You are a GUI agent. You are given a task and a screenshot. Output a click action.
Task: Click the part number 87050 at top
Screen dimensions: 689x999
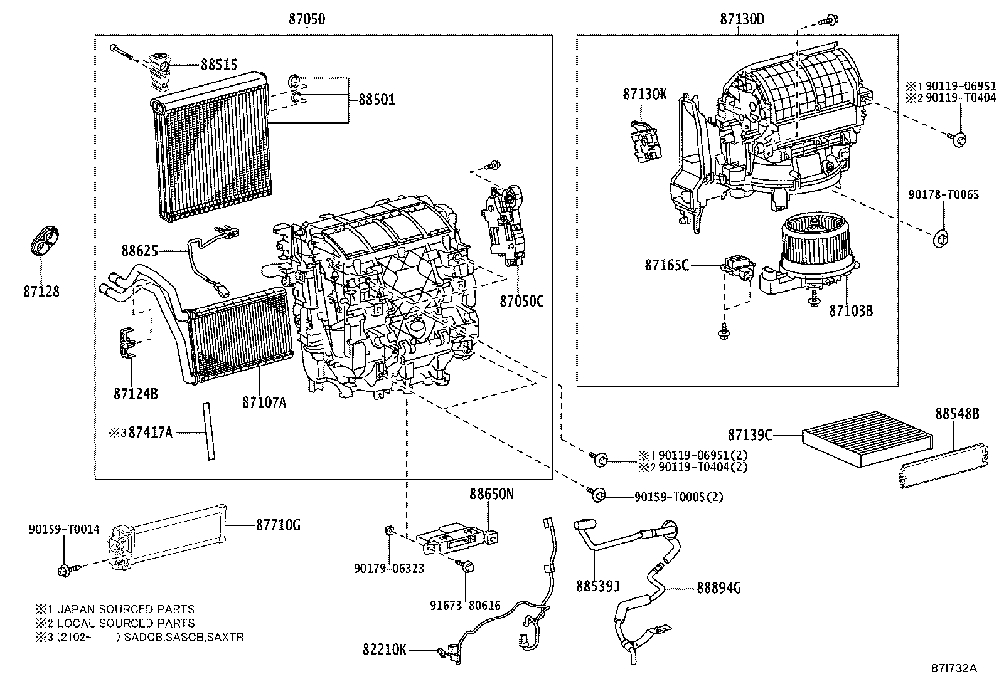coord(307,19)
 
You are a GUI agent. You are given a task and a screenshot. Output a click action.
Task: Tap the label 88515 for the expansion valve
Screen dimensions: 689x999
coord(219,64)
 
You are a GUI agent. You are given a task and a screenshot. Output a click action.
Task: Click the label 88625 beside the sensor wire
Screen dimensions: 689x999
coord(139,251)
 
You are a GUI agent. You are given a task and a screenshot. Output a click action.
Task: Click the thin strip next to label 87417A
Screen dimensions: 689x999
coord(208,432)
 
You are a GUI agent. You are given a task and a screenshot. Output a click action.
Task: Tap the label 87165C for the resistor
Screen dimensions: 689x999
coord(666,265)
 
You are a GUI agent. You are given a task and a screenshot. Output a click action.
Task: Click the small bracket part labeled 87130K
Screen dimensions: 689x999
coord(645,141)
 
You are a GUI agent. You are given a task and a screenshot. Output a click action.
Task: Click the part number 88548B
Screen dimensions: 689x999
coord(956,414)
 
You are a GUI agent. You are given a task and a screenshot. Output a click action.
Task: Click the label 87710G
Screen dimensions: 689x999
coord(277,525)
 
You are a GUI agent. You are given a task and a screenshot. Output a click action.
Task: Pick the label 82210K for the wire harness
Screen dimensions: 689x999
coord(385,650)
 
